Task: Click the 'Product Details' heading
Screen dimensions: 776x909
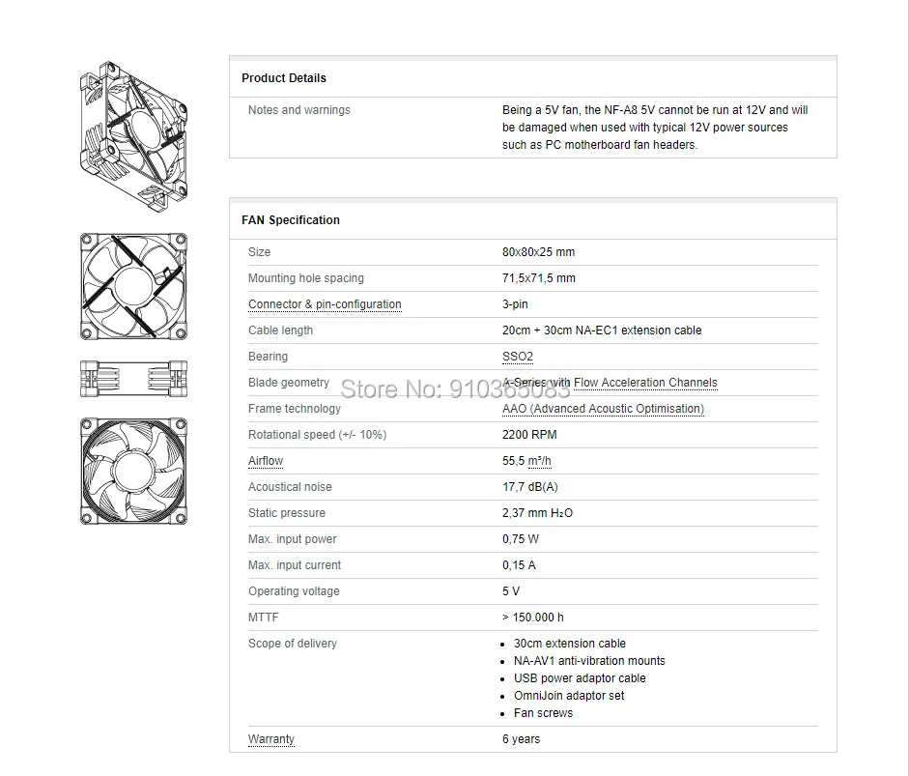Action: [x=283, y=78]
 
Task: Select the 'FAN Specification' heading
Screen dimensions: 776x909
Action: [x=290, y=220]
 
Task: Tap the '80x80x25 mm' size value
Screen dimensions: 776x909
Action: [x=538, y=252]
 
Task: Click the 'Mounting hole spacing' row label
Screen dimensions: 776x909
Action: [x=305, y=278]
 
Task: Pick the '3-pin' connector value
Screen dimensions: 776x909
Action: [x=515, y=304]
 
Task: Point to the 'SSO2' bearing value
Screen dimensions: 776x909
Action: [x=517, y=357]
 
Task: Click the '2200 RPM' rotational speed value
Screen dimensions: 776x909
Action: [x=529, y=435]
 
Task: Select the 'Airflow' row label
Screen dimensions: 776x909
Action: [x=266, y=461]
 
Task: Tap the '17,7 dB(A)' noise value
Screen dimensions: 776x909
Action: [x=529, y=487]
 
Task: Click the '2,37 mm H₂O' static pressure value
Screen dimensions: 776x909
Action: [x=537, y=513]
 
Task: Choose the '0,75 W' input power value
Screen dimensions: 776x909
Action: [x=521, y=539]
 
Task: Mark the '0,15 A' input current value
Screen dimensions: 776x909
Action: [x=519, y=565]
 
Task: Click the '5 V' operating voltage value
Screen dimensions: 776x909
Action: [x=511, y=591]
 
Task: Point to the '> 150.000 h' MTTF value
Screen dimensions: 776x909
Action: [x=533, y=618]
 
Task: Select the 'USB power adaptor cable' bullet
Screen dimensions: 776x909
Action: [x=580, y=678]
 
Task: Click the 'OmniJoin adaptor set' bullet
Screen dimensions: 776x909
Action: [x=569, y=696]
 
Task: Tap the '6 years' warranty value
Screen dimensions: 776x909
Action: [x=522, y=739]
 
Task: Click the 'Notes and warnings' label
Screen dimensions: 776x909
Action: [x=298, y=110]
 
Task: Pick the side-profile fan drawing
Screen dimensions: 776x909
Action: [x=133, y=378]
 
